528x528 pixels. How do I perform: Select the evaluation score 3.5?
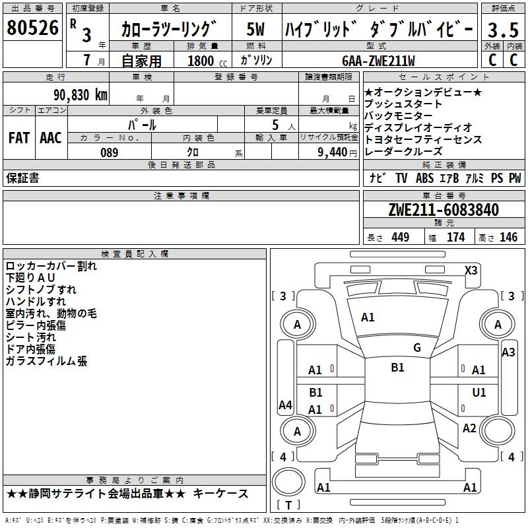click(502, 30)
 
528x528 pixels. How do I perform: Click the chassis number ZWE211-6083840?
click(443, 210)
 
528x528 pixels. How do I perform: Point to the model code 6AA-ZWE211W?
click(378, 60)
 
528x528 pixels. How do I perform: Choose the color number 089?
click(109, 152)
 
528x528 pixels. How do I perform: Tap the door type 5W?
click(256, 30)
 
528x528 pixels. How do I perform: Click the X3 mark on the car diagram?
click(471, 270)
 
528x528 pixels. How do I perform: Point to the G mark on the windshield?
click(416, 347)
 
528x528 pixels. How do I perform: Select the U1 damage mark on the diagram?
click(478, 392)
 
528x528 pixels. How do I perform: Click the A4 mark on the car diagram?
click(285, 405)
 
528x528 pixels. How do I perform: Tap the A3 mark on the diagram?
click(508, 352)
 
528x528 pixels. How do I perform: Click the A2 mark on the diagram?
click(469, 428)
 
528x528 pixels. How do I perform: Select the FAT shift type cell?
click(18, 138)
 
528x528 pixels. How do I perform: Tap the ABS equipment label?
click(424, 178)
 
